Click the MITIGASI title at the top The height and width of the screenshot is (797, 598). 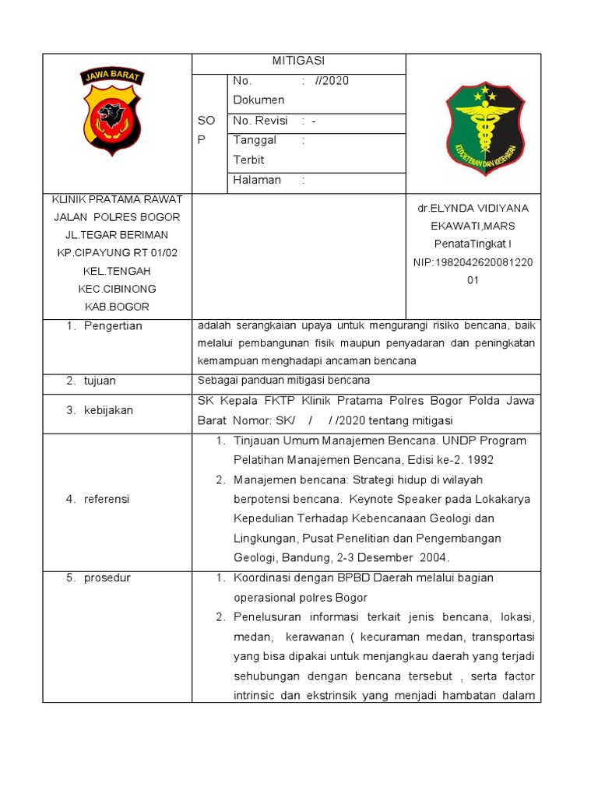(298, 61)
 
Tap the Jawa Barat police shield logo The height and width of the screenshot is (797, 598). (112, 111)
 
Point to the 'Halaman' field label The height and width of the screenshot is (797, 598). (256, 180)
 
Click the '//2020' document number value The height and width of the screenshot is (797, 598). (332, 80)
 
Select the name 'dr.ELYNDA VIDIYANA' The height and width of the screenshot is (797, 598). (473, 208)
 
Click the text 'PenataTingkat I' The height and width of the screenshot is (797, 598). (473, 244)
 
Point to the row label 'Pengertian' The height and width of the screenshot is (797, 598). (114, 326)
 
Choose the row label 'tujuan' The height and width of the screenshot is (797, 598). (100, 381)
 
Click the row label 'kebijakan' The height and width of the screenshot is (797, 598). (109, 409)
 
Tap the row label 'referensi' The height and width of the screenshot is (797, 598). (107, 499)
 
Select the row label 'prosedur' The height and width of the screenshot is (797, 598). (107, 578)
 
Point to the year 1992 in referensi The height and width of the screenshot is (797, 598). (480, 460)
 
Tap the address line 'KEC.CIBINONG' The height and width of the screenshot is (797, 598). (116, 289)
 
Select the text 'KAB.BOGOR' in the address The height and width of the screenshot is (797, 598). (116, 307)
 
